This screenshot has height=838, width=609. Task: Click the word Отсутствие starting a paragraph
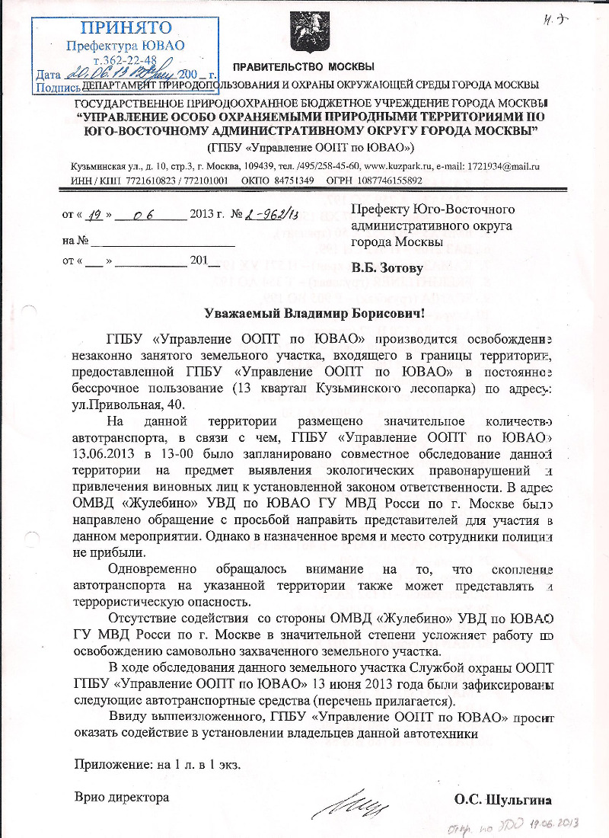147,617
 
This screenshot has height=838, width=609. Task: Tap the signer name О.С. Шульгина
502,800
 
